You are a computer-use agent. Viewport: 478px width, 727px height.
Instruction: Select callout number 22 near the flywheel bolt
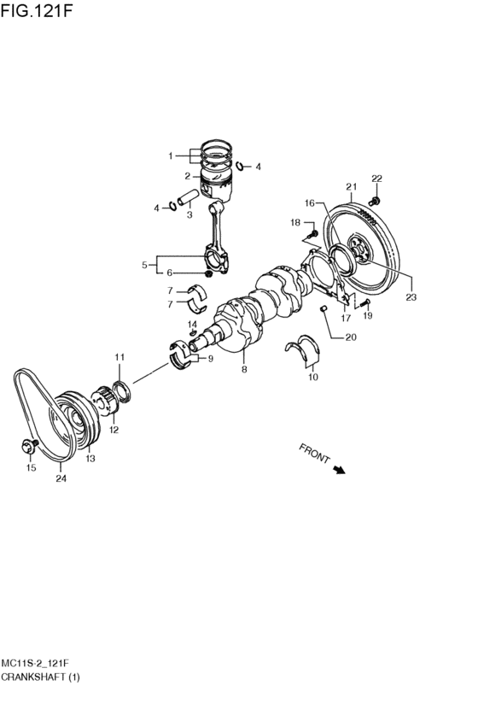point(376,178)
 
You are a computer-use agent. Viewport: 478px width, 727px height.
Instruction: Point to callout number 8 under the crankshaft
point(244,370)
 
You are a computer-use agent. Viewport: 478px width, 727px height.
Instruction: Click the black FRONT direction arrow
point(340,469)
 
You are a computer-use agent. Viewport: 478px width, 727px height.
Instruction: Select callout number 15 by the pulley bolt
point(31,467)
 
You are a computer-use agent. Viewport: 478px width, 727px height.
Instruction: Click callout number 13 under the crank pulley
point(90,458)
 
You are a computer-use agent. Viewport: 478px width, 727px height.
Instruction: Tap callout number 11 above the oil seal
point(119,356)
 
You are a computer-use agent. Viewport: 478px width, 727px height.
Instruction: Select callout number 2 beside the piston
point(186,176)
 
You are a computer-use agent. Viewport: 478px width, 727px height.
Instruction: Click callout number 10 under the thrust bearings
point(312,376)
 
